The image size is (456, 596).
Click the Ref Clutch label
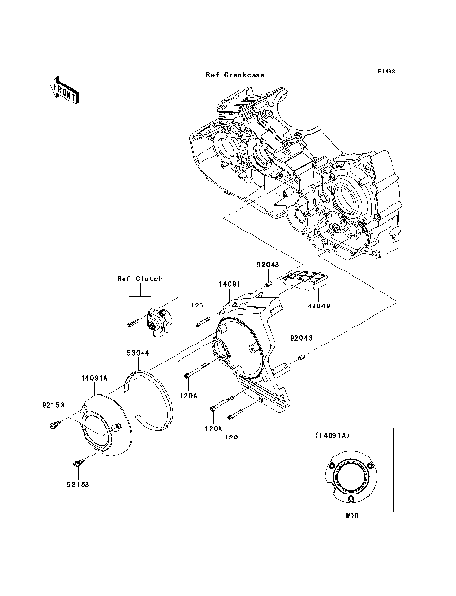coord(140,279)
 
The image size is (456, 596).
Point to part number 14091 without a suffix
coord(229,284)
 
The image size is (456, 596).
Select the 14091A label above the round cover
coord(95,378)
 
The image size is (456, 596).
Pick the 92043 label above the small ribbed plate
coord(266,264)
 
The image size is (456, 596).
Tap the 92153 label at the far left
coord(52,405)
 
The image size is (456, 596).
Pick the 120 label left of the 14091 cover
coord(199,306)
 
